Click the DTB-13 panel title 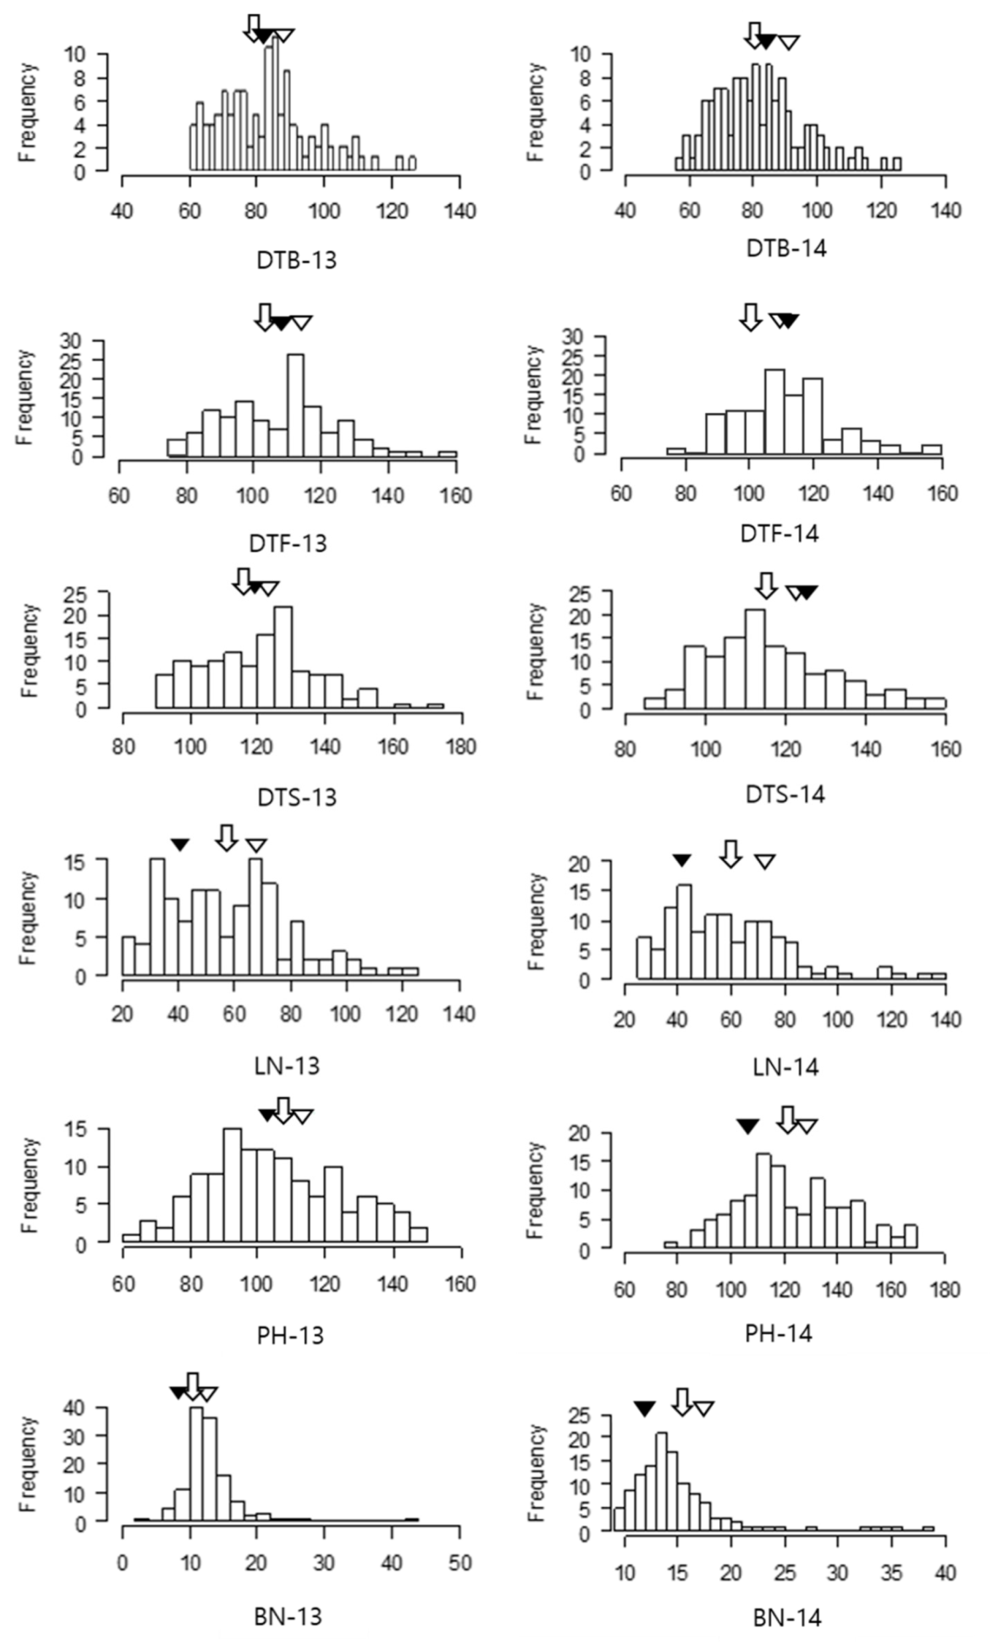click(x=297, y=260)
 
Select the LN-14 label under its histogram click(x=785, y=1068)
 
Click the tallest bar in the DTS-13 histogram click(x=283, y=657)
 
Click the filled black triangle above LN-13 click(x=180, y=845)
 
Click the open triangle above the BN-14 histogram click(x=703, y=1408)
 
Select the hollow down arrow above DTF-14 click(x=750, y=317)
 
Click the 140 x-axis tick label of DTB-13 click(x=460, y=212)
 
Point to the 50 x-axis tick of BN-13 click(x=460, y=1563)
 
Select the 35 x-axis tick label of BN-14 click(x=891, y=1572)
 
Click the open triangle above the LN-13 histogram click(x=256, y=846)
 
